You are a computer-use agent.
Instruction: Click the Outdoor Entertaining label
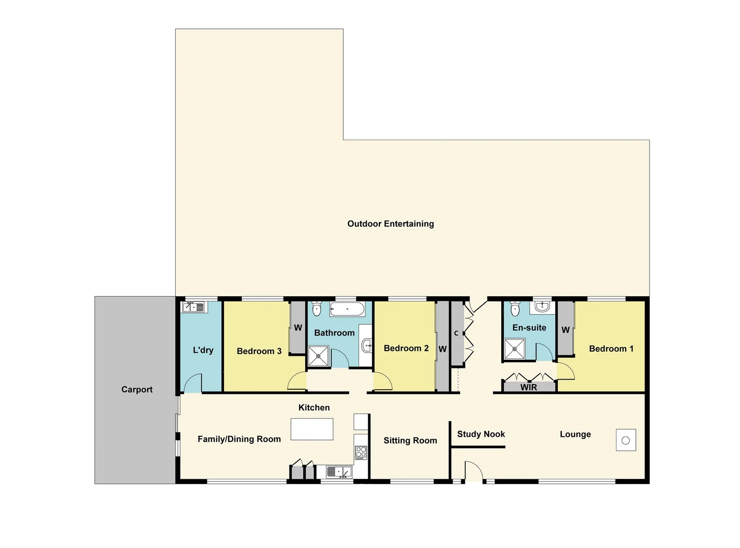tap(390, 224)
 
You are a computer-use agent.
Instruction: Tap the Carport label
tap(137, 390)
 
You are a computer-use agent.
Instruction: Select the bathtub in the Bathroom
tap(347, 309)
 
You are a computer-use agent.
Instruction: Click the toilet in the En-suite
tap(515, 309)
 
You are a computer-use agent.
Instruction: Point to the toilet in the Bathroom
tap(317, 309)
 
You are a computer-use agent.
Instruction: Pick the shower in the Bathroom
tap(318, 356)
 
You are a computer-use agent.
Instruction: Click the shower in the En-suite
tap(514, 349)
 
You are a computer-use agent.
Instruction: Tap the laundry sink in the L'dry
tap(193, 307)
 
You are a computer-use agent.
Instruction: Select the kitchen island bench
tap(312, 429)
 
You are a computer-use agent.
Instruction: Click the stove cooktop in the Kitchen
tap(361, 452)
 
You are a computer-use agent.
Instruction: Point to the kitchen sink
tap(339, 472)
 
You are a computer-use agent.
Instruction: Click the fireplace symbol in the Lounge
tap(626, 440)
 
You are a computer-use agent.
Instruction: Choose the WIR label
tap(528, 388)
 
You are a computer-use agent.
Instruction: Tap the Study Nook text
tap(480, 434)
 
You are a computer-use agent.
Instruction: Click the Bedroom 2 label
tap(406, 349)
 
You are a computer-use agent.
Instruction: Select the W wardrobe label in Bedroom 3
tap(298, 328)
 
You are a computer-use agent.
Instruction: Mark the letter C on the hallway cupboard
tap(456, 333)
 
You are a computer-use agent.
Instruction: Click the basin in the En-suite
tap(542, 306)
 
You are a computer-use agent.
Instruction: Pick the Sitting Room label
tap(410, 441)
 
